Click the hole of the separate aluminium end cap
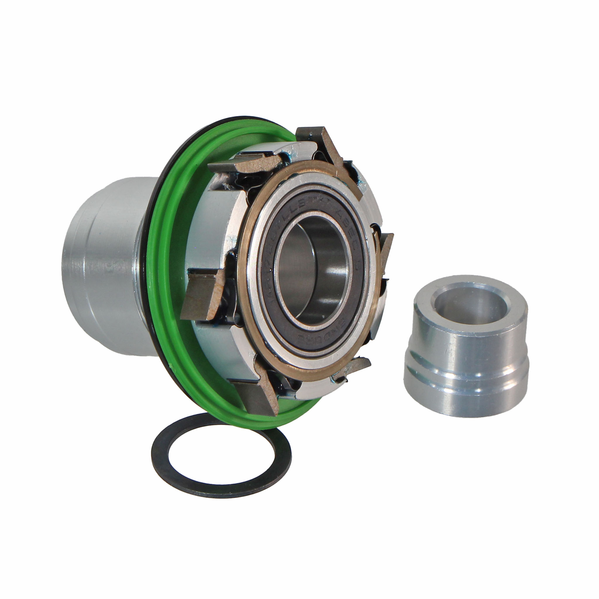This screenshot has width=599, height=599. (446, 302)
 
